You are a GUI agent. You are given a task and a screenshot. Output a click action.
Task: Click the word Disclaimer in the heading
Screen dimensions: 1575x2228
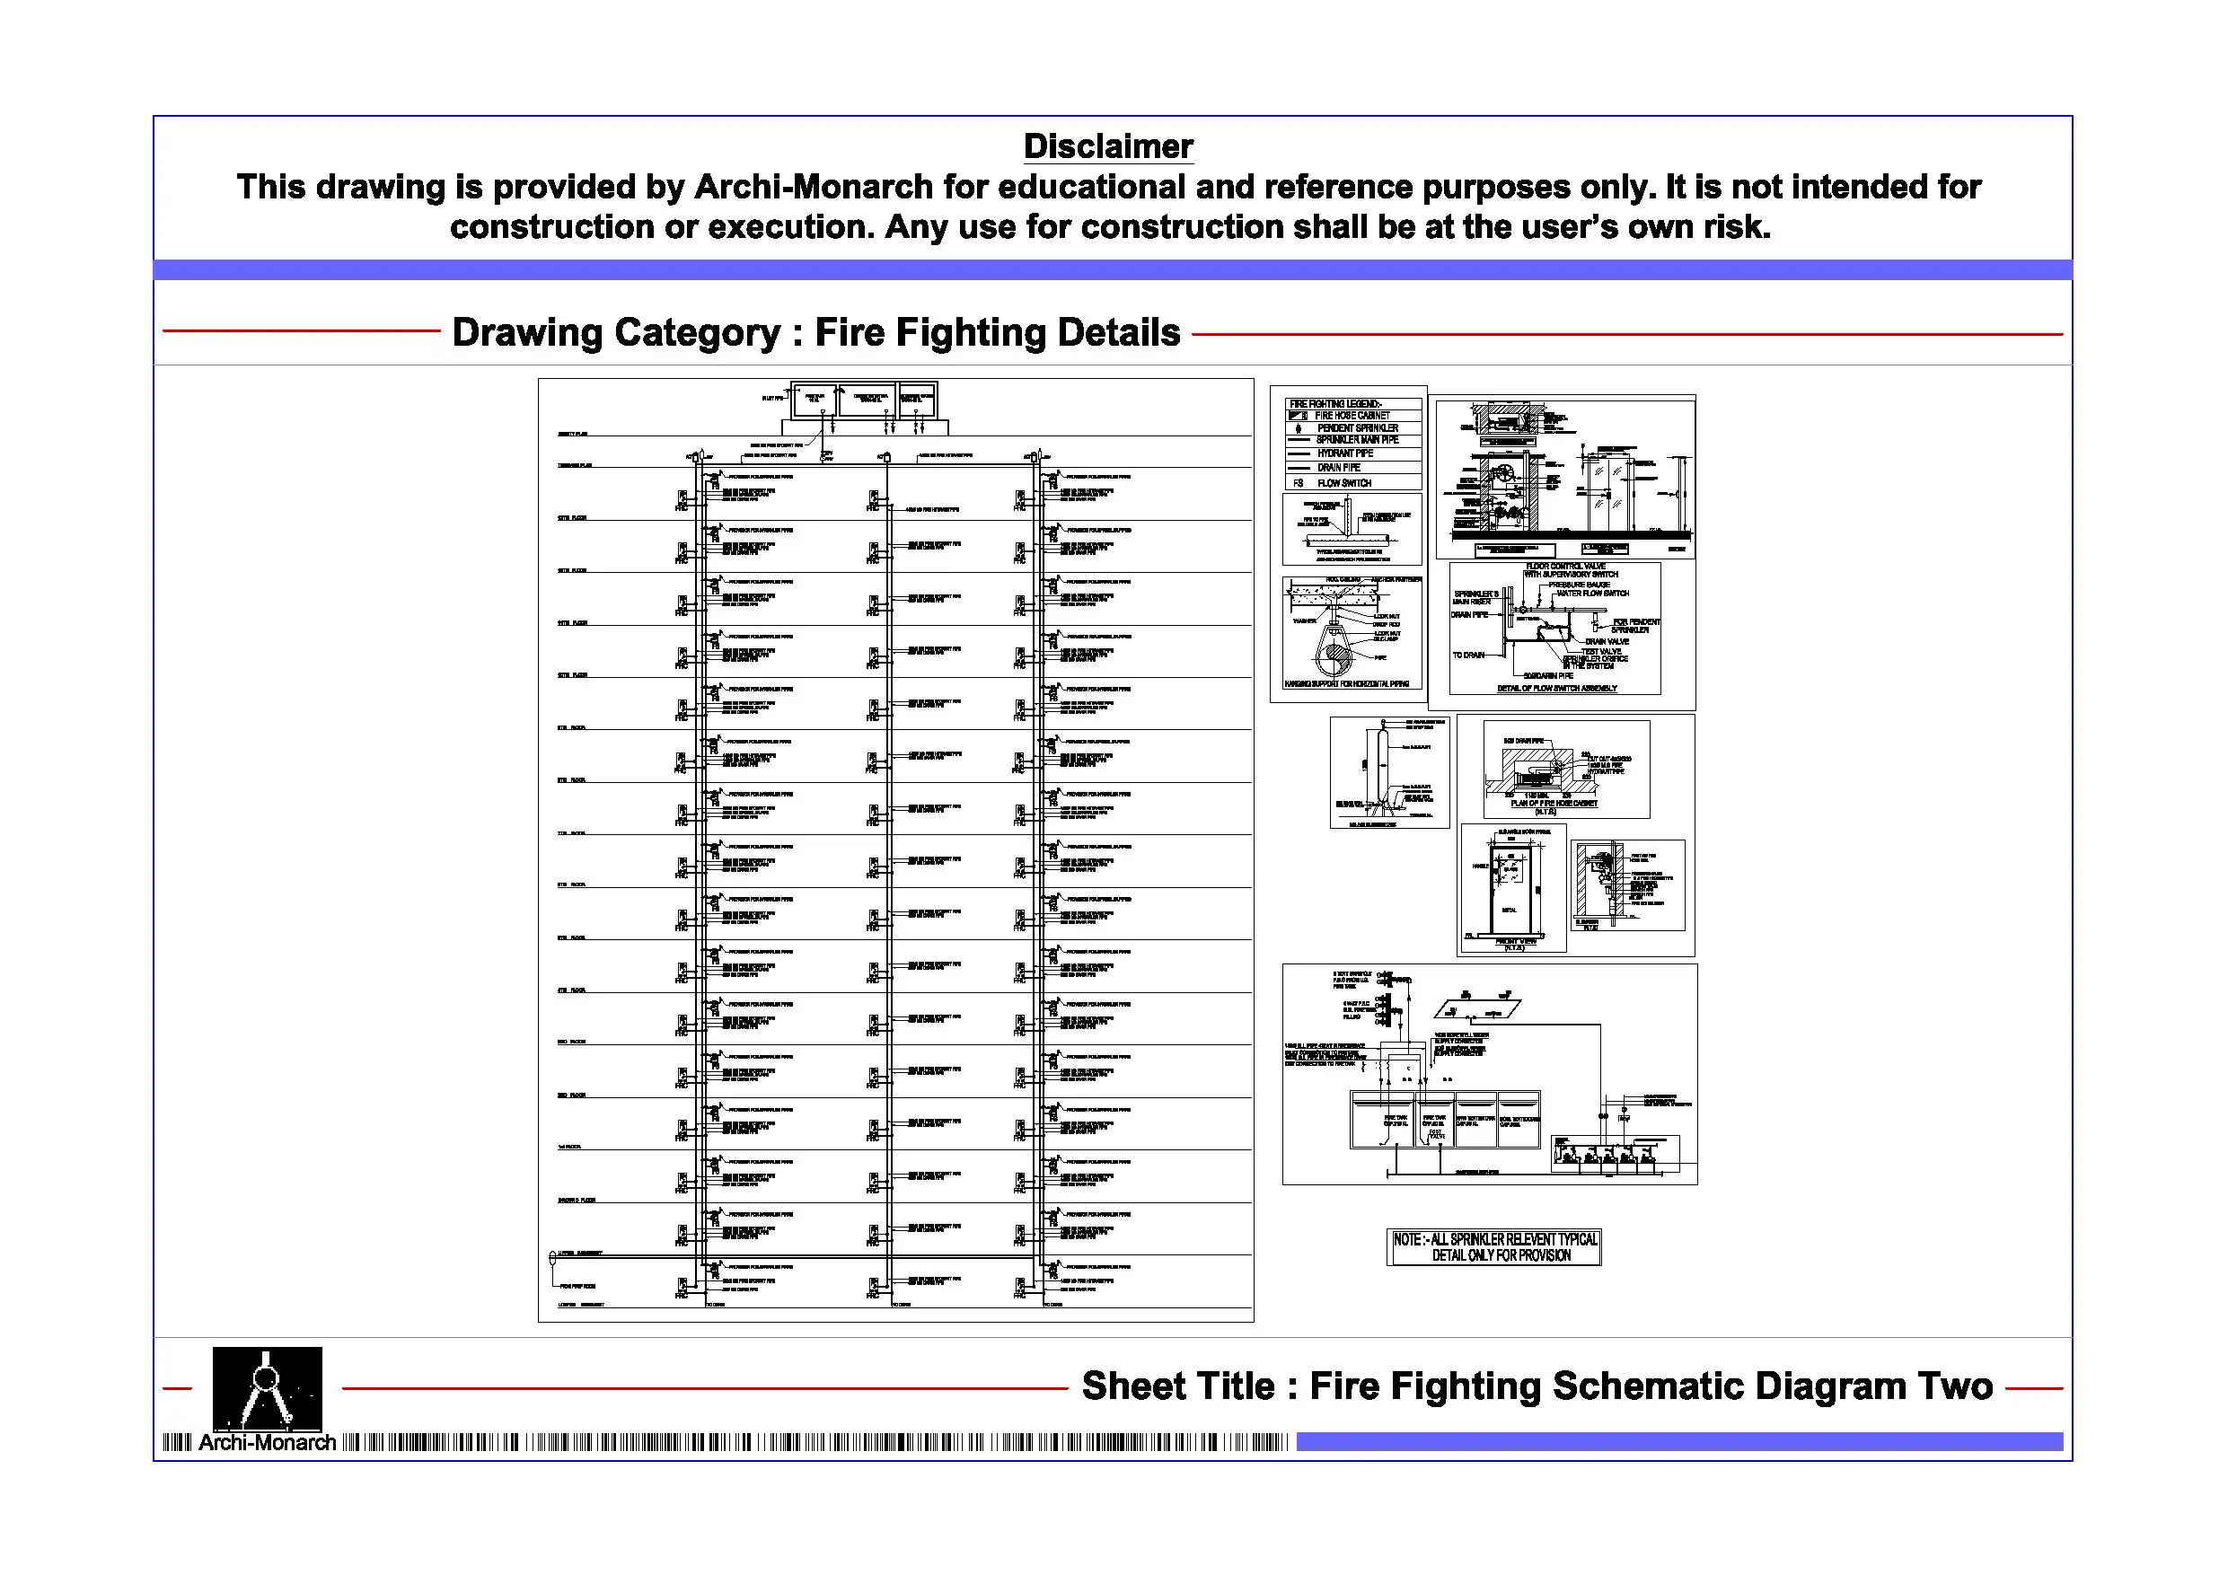tap(1108, 146)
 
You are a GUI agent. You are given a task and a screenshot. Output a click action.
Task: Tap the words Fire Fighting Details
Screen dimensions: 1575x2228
tap(997, 333)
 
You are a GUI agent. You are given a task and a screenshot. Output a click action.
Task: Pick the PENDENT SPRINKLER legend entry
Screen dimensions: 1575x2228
tap(1357, 428)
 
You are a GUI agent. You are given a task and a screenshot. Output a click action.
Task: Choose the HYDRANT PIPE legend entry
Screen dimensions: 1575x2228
tap(1344, 453)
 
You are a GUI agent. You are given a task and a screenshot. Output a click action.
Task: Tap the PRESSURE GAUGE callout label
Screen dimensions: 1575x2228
tap(1578, 585)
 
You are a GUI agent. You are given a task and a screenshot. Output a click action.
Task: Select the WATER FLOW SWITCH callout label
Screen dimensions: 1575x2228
tap(1592, 593)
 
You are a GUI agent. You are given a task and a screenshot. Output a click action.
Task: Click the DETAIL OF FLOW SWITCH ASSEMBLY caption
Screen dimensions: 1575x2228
tap(1556, 688)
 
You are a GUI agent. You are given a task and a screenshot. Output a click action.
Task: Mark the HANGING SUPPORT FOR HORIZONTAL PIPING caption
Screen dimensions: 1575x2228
tap(1346, 684)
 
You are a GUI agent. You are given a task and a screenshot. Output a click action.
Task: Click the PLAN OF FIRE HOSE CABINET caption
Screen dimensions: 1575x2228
tap(1553, 804)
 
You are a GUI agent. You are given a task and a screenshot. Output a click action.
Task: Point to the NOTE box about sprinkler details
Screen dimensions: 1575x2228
tap(1493, 1247)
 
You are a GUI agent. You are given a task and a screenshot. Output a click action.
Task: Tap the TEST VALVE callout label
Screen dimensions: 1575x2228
tap(1601, 651)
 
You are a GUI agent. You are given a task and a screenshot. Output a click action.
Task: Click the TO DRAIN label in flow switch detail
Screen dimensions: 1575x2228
tap(1467, 655)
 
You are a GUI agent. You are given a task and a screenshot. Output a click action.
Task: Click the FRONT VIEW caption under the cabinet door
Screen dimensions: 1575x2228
tap(1515, 942)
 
